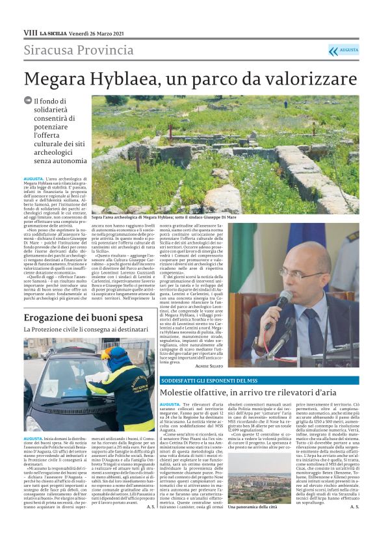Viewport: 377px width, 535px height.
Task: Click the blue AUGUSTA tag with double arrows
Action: (343, 50)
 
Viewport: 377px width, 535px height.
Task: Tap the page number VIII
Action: (30, 32)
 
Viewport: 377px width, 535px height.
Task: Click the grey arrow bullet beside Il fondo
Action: (27, 101)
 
